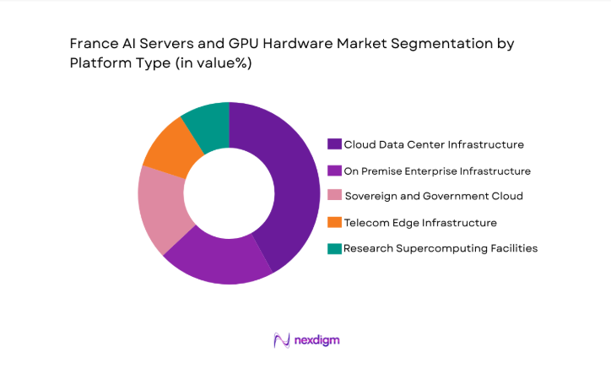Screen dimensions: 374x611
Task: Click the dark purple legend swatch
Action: tap(334, 144)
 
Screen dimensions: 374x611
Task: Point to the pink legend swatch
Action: tap(334, 197)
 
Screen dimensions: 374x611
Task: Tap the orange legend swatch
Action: tap(334, 223)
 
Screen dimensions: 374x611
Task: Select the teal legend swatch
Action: tap(334, 248)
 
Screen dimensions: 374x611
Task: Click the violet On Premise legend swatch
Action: tap(334, 171)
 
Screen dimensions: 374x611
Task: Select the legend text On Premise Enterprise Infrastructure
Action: tap(437, 171)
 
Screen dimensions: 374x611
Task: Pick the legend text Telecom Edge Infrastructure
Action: tap(420, 223)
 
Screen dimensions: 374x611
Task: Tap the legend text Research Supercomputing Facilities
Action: tap(440, 248)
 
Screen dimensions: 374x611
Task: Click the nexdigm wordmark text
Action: tap(316, 340)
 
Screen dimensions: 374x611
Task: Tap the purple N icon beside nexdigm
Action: tap(281, 340)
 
